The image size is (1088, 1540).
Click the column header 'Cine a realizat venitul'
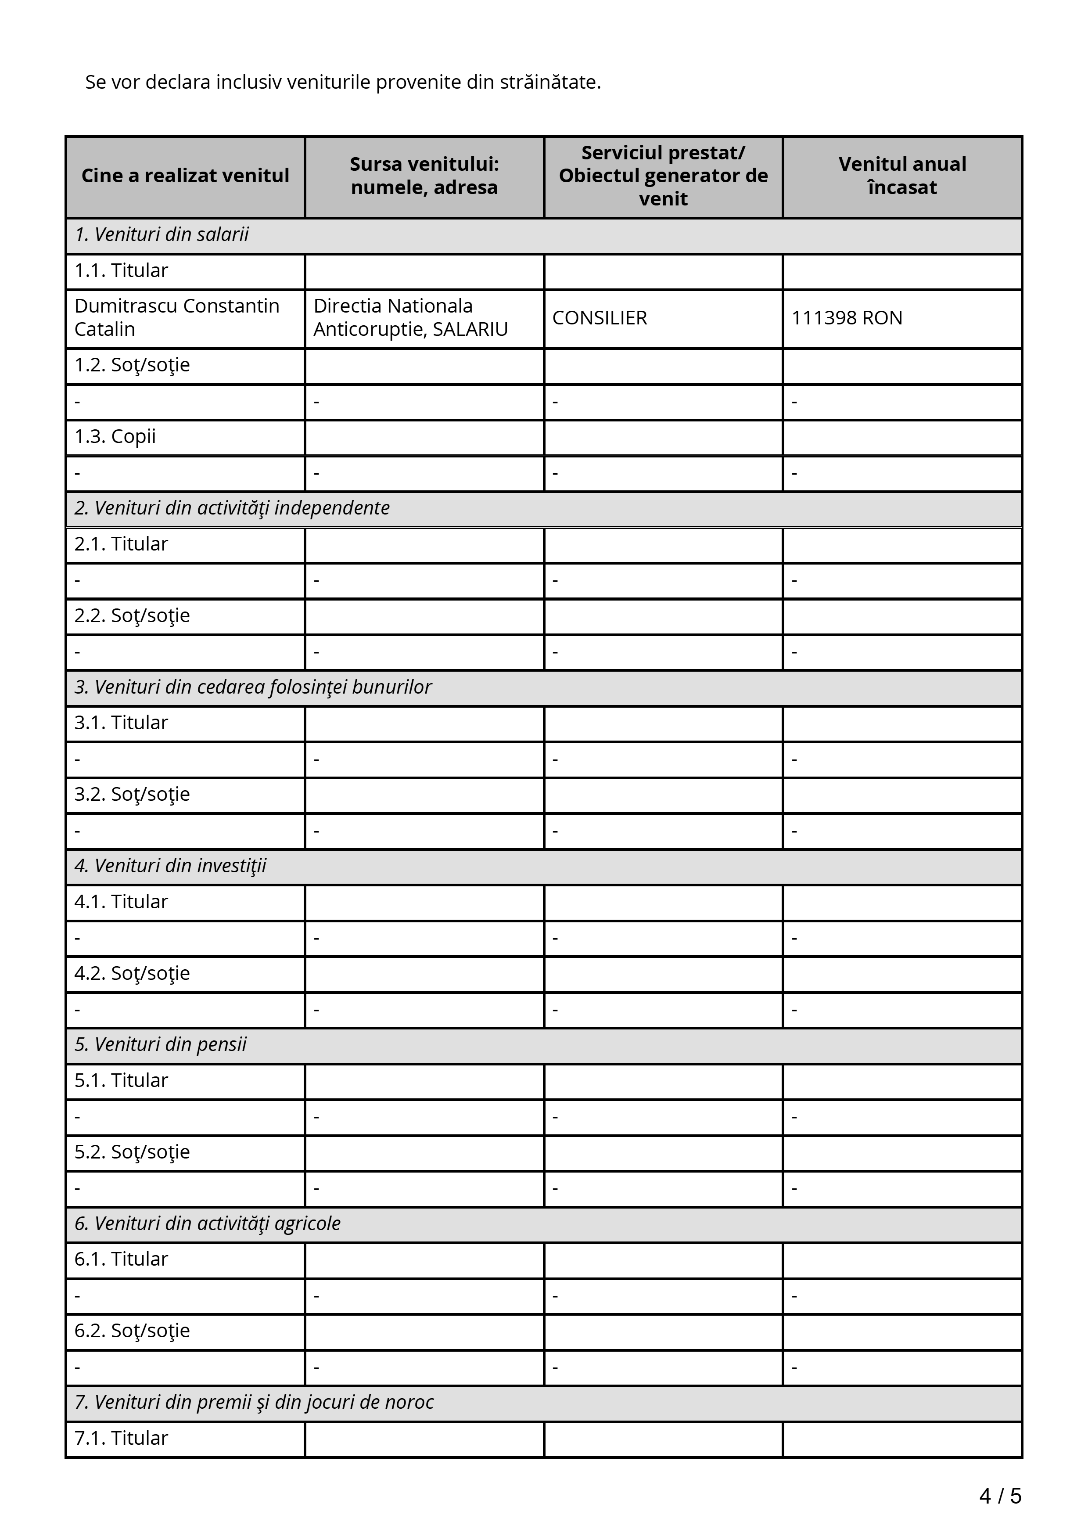pyautogui.click(x=185, y=176)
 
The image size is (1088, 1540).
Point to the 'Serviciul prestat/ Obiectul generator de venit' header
pyautogui.click(x=663, y=176)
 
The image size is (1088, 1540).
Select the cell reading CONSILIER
pyautogui.click(x=600, y=318)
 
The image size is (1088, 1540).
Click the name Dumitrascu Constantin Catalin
pyautogui.click(x=176, y=317)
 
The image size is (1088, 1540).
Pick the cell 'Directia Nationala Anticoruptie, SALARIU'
pyautogui.click(x=410, y=317)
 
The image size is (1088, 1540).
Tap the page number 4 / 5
pyautogui.click(x=1000, y=1496)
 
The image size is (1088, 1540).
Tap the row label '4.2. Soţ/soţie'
pyautogui.click(x=132, y=973)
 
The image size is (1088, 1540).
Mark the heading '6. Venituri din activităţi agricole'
pyautogui.click(x=207, y=1223)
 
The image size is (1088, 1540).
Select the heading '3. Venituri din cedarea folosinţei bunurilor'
pyautogui.click(x=253, y=687)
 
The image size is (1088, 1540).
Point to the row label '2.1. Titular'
pyautogui.click(x=121, y=544)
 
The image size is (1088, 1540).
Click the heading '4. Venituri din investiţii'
pyautogui.click(x=170, y=866)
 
